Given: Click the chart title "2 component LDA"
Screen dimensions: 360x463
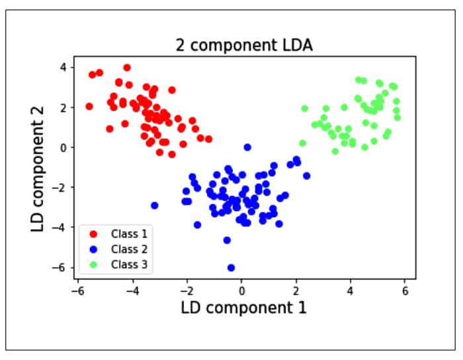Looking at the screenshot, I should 243,46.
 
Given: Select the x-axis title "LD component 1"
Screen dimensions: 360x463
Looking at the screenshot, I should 243,308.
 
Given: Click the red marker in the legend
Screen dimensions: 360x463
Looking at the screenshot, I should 93,234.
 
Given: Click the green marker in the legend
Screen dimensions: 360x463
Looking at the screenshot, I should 93,265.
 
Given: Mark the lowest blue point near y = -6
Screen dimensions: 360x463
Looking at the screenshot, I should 231,268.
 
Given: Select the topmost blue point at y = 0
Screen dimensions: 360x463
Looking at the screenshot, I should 247,148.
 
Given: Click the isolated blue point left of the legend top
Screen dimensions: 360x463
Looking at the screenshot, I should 155,205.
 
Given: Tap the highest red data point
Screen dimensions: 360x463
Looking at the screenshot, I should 127,67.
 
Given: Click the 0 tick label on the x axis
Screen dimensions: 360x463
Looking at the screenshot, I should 242,290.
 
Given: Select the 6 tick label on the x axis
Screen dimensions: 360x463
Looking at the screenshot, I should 405,290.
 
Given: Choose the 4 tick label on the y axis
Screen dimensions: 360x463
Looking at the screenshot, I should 63,67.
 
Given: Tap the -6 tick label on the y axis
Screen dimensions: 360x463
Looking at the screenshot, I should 61,267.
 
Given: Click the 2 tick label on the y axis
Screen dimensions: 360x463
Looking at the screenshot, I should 63,107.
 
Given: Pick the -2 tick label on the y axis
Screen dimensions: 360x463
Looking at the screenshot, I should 61,187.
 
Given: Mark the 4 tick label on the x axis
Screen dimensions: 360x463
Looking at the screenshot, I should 351,290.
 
